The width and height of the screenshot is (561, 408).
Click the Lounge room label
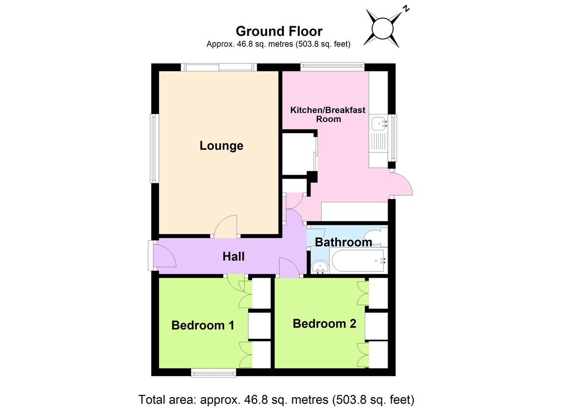(221, 146)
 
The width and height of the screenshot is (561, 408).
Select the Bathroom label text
(343, 242)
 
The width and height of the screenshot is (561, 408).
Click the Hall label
(233, 257)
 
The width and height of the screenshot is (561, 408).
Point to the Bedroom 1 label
(202, 325)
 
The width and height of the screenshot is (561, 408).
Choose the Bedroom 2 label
(324, 323)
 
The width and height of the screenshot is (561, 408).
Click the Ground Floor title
(279, 31)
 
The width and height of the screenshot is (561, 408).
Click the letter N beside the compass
(407, 8)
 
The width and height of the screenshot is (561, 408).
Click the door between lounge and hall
(227, 226)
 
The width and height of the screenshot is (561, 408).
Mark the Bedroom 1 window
(214, 372)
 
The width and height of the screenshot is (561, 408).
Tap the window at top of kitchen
(332, 67)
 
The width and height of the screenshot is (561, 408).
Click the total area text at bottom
(276, 400)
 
